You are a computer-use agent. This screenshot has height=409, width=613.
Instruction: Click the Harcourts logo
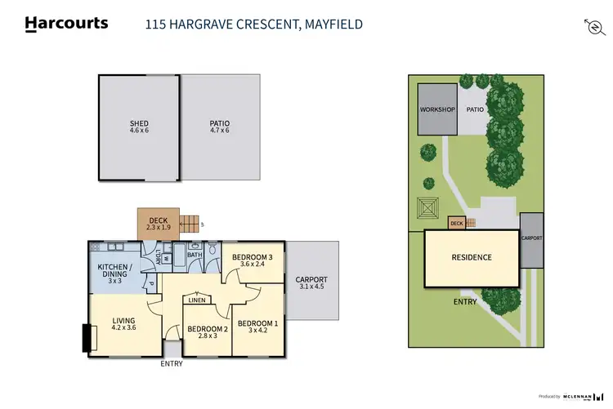point(67,24)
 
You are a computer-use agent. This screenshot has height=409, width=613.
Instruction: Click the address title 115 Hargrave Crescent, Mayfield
point(253,24)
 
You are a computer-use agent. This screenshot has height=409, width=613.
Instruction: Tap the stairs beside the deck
point(190,223)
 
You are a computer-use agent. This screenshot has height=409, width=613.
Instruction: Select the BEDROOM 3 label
point(252,261)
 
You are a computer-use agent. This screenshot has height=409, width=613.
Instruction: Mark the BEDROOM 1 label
point(257,327)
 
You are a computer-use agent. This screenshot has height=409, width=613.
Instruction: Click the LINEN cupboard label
point(196,300)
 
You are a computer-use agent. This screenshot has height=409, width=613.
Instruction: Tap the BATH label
point(194,255)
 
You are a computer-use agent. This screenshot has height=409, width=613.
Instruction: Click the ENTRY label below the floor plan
point(172,364)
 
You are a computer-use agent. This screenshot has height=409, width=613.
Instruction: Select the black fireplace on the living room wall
point(86,339)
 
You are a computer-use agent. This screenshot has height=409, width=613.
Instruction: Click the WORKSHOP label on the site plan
point(436,109)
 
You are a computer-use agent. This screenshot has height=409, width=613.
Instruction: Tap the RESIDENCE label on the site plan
point(472,258)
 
